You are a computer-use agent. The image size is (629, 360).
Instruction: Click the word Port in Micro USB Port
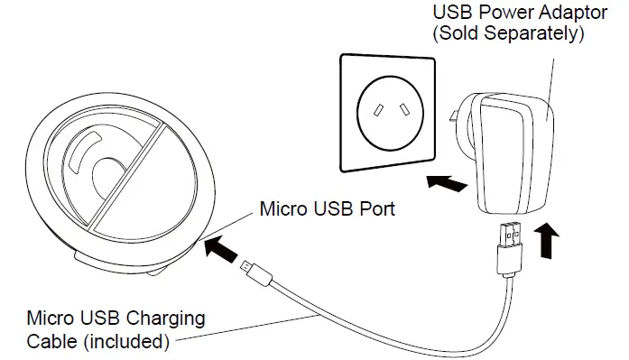point(377,210)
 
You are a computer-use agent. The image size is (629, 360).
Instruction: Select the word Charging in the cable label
point(167,319)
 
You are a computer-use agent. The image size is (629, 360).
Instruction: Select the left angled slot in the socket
point(372,110)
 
